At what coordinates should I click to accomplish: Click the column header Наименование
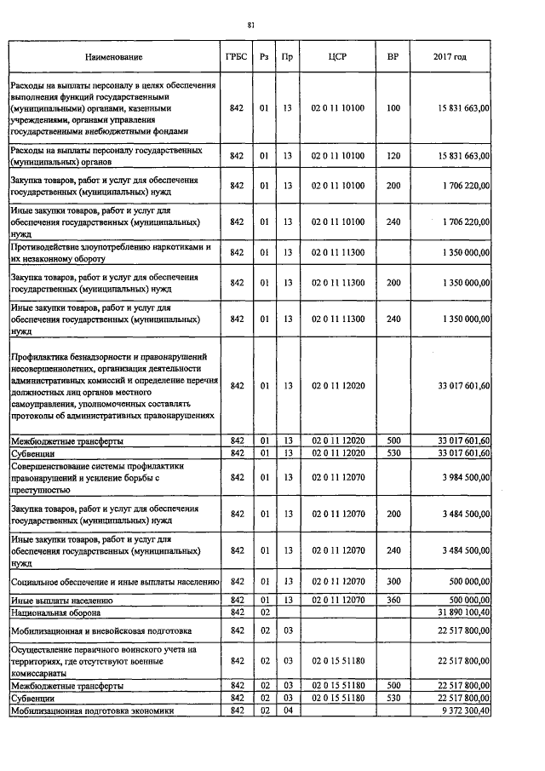[x=113, y=57]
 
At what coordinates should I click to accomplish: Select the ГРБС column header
[x=237, y=57]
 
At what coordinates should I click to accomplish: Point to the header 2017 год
[x=450, y=57]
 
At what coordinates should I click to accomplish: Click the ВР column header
[x=393, y=57]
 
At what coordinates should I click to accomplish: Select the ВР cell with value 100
[x=393, y=108]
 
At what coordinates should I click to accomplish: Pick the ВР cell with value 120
[x=393, y=156]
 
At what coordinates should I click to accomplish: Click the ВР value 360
[x=393, y=601]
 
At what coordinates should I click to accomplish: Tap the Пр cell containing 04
[x=288, y=711]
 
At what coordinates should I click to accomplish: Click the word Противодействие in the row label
[x=44, y=247]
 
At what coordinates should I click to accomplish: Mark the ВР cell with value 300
[x=393, y=582]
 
